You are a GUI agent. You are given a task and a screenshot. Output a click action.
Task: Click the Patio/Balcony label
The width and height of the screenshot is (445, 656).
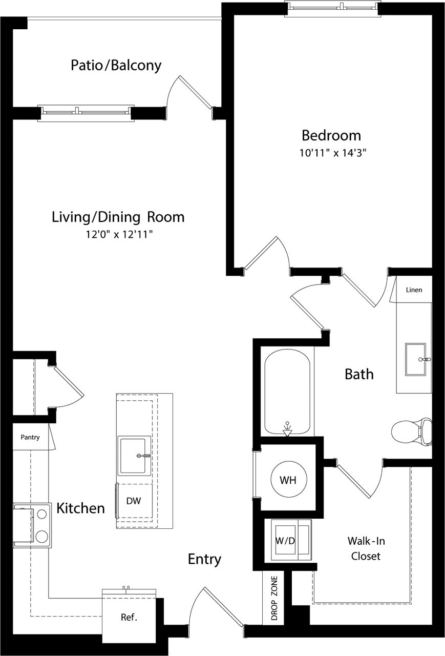(x=116, y=66)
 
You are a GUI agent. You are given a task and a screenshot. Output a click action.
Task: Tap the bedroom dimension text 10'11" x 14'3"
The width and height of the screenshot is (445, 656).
(x=334, y=153)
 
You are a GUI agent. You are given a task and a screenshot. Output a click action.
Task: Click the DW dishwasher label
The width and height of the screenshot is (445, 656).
(x=134, y=501)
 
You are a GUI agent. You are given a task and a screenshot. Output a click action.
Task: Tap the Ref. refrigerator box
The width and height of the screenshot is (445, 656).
(x=129, y=618)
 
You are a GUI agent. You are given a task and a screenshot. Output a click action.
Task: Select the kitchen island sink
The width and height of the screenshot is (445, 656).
(x=134, y=455)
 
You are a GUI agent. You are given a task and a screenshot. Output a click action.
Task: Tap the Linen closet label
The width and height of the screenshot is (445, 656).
(x=414, y=290)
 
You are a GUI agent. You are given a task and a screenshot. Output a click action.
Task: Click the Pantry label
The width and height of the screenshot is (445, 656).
(x=30, y=438)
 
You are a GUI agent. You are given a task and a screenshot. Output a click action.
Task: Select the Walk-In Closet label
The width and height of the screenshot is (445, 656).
(x=366, y=548)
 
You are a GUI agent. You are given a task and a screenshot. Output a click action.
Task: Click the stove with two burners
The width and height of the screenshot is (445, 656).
(x=32, y=525)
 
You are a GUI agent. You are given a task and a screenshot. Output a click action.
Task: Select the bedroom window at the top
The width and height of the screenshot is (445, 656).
(x=333, y=7)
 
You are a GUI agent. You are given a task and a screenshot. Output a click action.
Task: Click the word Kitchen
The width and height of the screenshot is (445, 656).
(x=80, y=508)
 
